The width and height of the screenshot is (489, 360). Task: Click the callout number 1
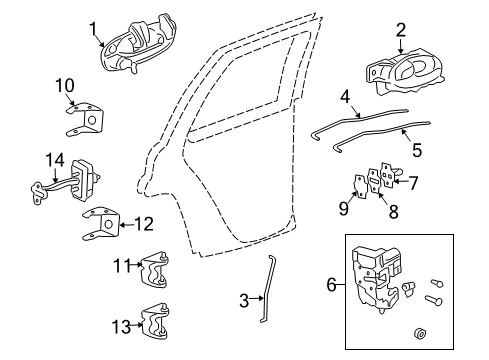(x=93, y=29)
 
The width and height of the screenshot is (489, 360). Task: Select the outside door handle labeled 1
(x=138, y=44)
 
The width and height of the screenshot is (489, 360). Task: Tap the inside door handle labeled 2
(x=405, y=73)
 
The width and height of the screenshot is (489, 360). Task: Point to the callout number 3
(x=244, y=301)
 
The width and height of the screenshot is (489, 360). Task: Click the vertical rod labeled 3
(x=267, y=290)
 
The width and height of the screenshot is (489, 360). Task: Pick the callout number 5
(x=417, y=150)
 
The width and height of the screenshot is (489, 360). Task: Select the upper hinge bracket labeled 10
(x=85, y=119)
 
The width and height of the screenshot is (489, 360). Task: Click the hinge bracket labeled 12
(x=101, y=223)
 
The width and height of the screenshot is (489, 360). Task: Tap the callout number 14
(x=55, y=160)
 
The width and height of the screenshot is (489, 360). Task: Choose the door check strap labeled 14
(x=67, y=183)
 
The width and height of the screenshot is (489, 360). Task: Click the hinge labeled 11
(x=155, y=270)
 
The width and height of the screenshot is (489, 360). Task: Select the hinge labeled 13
(x=155, y=322)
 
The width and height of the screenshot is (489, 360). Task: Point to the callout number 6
(x=332, y=285)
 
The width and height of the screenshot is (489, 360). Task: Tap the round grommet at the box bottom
(x=420, y=334)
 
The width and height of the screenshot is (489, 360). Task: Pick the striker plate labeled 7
(x=390, y=175)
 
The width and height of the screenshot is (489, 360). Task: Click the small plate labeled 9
(x=360, y=187)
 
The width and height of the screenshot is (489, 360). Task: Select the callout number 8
(x=394, y=211)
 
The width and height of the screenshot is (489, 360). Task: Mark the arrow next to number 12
(x=127, y=225)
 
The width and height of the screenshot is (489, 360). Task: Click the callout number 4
(x=346, y=97)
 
